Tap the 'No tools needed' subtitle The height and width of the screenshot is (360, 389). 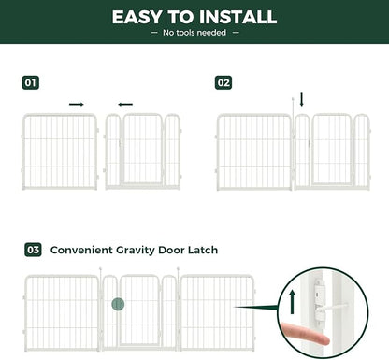pyautogui.click(x=194, y=34)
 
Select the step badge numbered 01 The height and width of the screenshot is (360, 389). pyautogui.click(x=31, y=82)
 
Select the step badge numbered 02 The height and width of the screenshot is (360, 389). pyautogui.click(x=223, y=82)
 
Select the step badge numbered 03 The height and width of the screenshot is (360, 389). pyautogui.click(x=32, y=250)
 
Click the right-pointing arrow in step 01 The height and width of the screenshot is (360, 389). pyautogui.click(x=77, y=104)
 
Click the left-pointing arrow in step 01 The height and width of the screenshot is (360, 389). pyautogui.click(x=125, y=104)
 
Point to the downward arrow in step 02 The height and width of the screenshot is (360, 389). pyautogui.click(x=301, y=98)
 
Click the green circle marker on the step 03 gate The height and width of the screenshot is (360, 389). pyautogui.click(x=118, y=304)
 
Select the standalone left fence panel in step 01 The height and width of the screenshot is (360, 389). pyautogui.click(x=60, y=151)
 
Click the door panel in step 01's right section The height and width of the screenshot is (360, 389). pyautogui.click(x=143, y=151)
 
